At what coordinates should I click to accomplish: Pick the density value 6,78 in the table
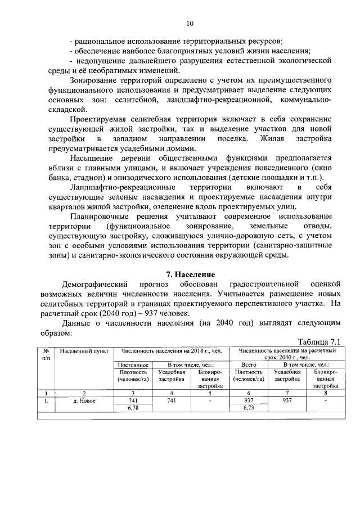pos(133,408)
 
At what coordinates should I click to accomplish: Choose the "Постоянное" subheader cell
pos(133,364)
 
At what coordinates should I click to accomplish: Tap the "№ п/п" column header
pos(45,354)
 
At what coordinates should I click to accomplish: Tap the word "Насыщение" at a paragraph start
pos(92,158)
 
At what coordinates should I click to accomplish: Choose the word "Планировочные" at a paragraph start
pos(99,217)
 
